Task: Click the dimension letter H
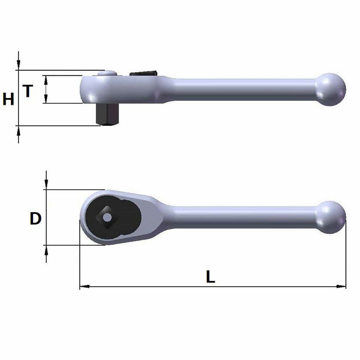[8, 99]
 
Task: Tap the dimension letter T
[28, 91]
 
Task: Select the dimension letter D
[36, 219]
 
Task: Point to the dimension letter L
[210, 276]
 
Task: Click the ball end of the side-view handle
[330, 90]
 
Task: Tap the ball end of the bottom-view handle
[330, 217]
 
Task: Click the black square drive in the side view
[107, 114]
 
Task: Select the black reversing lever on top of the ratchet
[143, 73]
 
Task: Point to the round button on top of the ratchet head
[107, 73]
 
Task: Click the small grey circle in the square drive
[107, 217]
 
